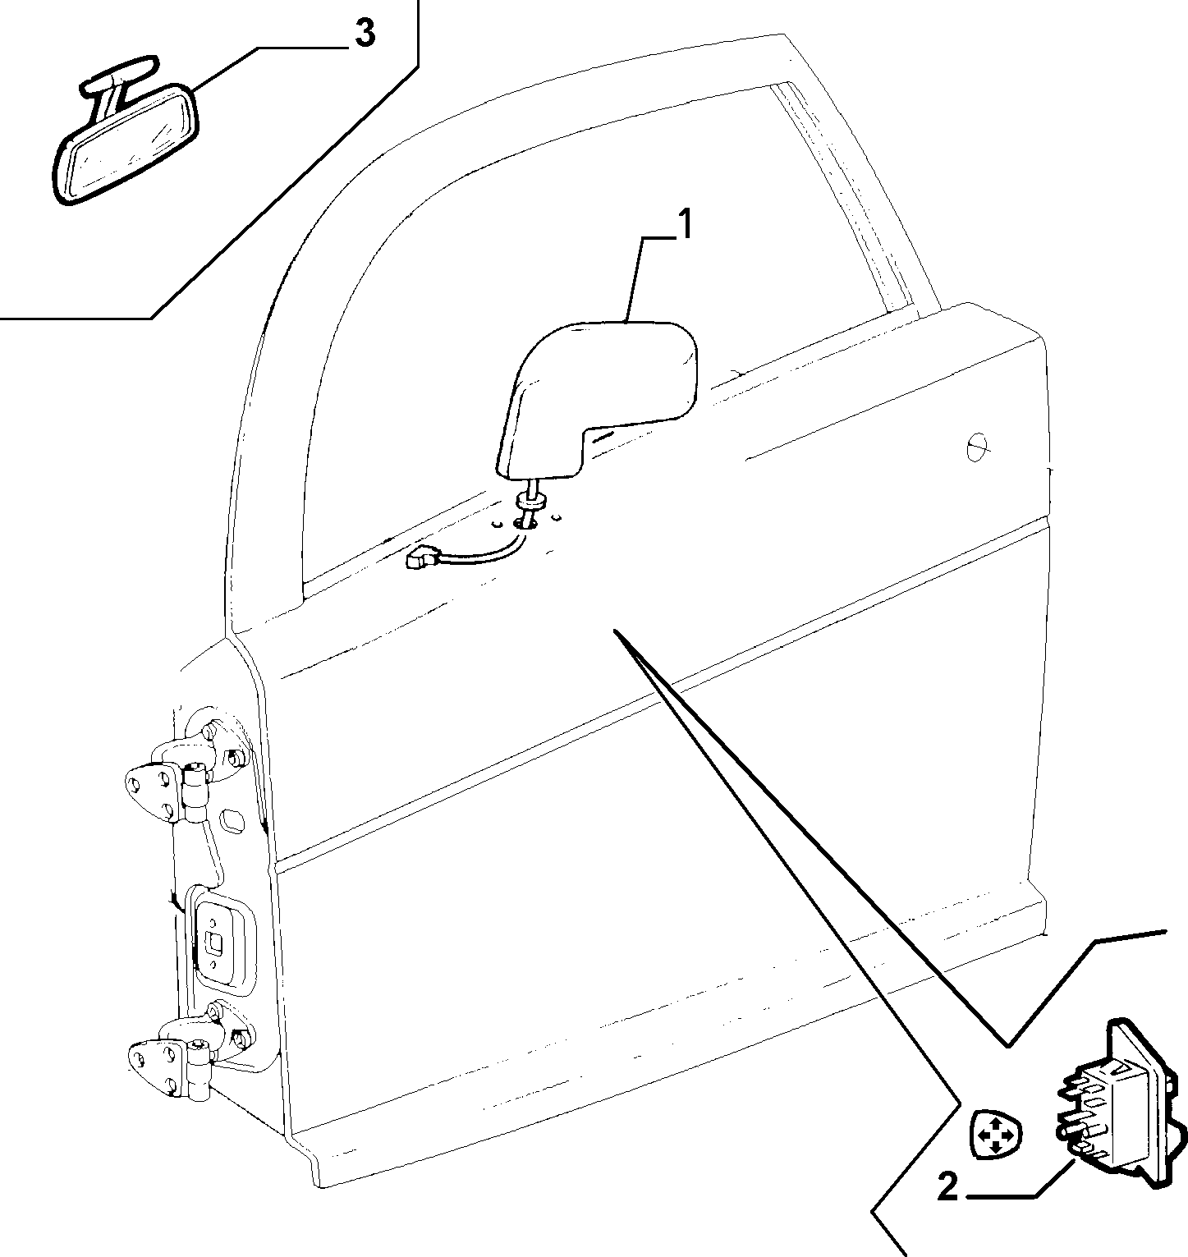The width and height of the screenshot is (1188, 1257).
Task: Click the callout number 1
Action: click(683, 225)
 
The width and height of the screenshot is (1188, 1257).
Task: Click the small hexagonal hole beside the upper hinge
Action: click(233, 820)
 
